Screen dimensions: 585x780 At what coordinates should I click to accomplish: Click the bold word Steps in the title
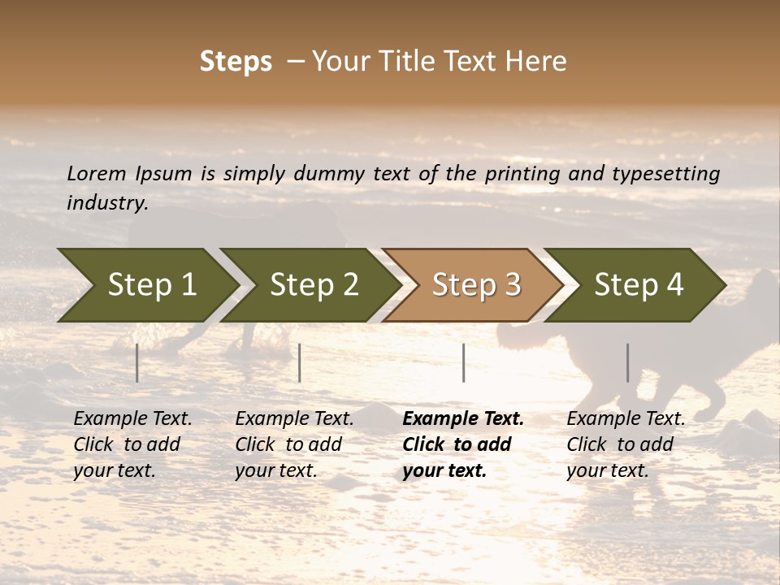click(236, 62)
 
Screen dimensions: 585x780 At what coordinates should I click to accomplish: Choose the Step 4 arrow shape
click(639, 285)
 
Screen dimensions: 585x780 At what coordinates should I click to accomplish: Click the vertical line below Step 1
click(137, 362)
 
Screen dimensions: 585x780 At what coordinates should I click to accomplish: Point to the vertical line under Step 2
click(300, 362)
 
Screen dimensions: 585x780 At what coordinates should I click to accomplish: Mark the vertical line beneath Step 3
click(463, 362)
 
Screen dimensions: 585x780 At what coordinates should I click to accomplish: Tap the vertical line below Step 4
click(627, 362)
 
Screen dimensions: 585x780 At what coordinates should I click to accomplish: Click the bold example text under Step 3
click(462, 444)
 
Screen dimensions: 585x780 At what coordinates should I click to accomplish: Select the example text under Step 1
click(132, 444)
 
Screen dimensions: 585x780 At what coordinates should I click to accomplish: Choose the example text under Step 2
click(294, 444)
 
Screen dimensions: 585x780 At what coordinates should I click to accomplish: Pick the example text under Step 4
click(626, 444)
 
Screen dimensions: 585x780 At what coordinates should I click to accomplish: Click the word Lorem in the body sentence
click(97, 173)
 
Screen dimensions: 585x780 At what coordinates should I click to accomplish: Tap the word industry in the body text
click(106, 202)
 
